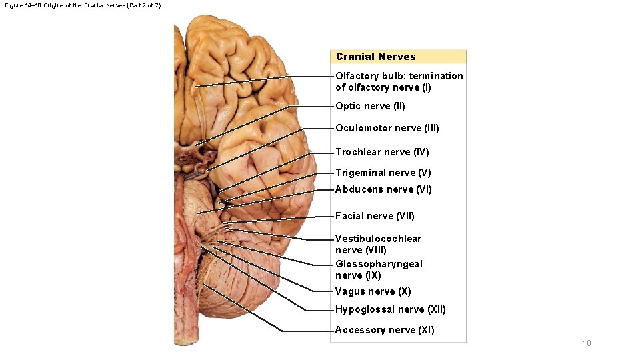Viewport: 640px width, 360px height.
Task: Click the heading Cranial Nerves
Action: pyautogui.click(x=375, y=57)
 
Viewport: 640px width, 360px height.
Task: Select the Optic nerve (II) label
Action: pyautogui.click(x=370, y=106)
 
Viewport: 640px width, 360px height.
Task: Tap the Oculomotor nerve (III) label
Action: pyautogui.click(x=387, y=128)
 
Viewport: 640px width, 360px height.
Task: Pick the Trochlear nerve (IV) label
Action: pyautogui.click(x=382, y=152)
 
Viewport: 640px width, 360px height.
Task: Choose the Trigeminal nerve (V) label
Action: pyautogui.click(x=383, y=173)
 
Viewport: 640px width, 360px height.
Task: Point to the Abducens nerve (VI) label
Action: pyautogui.click(x=383, y=189)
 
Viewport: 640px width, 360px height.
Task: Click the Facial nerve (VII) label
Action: pyautogui.click(x=375, y=216)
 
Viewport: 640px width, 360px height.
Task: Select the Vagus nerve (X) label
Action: pyautogui.click(x=373, y=291)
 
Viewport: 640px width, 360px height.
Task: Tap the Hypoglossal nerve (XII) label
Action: pyautogui.click(x=390, y=309)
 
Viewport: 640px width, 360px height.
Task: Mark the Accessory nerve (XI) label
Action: pyautogui.click(x=384, y=330)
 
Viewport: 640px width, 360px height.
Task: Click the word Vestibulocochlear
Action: pyautogui.click(x=378, y=239)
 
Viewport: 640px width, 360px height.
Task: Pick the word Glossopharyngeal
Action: pyautogui.click(x=379, y=264)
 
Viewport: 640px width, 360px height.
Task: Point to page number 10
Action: pyautogui.click(x=587, y=343)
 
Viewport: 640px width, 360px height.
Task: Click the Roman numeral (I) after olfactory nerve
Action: pyautogui.click(x=425, y=87)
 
